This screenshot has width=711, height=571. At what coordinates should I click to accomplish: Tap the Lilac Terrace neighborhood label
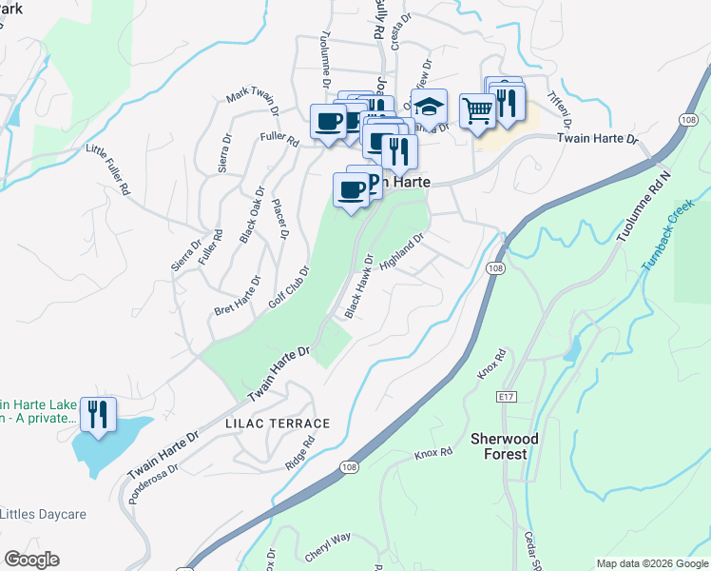click(278, 423)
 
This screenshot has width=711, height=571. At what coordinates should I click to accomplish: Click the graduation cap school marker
click(429, 107)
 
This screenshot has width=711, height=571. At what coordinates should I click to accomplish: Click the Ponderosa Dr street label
click(162, 480)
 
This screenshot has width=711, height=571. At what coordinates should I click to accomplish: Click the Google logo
click(31, 560)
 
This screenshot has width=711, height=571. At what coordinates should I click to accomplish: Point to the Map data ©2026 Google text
click(651, 563)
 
